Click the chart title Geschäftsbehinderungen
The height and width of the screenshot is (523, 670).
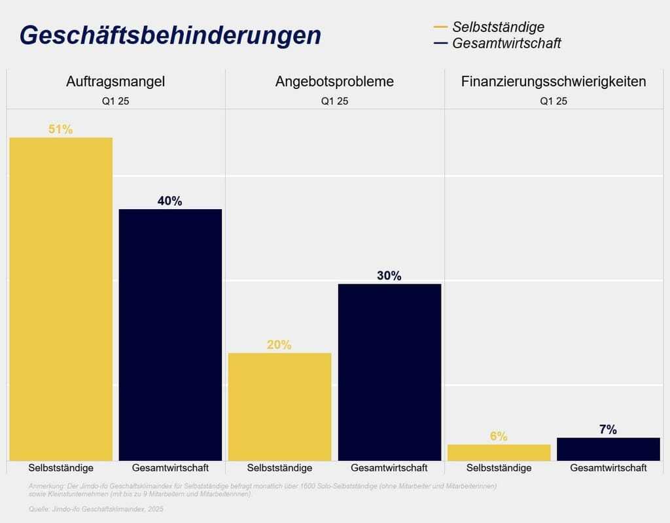click(x=170, y=35)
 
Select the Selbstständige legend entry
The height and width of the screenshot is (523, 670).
click(x=497, y=27)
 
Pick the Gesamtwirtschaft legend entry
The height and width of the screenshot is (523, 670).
click(x=506, y=44)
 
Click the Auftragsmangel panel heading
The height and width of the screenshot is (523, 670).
click(x=115, y=82)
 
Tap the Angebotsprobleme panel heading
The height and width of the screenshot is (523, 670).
click(x=334, y=82)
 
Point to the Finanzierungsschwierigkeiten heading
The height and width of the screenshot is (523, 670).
click(x=554, y=82)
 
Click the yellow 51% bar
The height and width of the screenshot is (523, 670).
click(x=61, y=299)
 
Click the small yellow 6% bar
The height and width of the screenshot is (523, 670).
click(x=499, y=452)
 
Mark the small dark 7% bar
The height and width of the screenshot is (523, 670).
click(x=608, y=449)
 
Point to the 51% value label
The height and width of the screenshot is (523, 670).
click(x=60, y=129)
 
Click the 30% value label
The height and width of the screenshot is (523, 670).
click(x=389, y=276)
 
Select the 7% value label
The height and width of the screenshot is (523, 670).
click(x=608, y=430)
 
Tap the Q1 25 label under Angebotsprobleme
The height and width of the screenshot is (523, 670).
click(x=334, y=101)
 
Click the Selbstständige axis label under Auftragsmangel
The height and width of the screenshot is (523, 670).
click(x=61, y=468)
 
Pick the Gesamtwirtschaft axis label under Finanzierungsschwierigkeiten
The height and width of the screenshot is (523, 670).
click(x=608, y=468)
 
